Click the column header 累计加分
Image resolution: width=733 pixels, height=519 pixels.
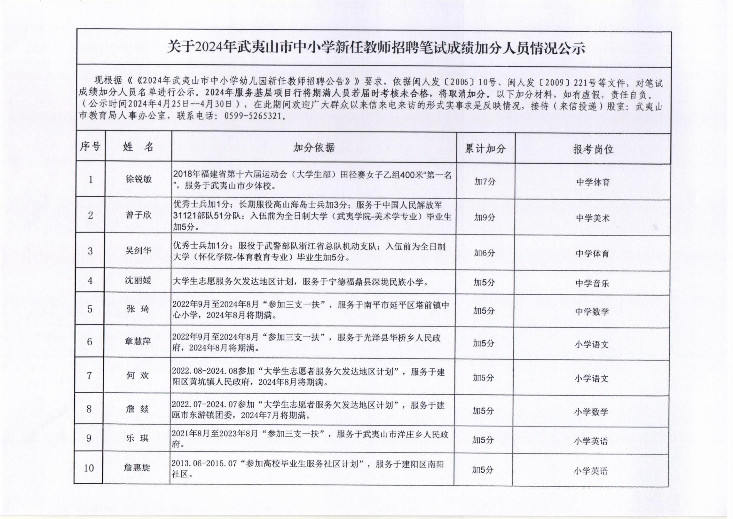click(485, 149)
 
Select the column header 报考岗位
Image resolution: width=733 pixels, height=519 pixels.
click(593, 150)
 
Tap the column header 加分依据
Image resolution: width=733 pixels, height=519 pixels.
click(314, 148)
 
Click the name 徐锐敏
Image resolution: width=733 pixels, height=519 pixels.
click(138, 179)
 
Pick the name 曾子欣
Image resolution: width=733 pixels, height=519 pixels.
click(138, 215)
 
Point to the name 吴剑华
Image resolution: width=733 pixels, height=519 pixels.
click(138, 251)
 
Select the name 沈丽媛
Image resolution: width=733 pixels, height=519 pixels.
click(138, 281)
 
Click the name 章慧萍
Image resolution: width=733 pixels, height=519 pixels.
click(137, 341)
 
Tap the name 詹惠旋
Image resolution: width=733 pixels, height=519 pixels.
click(136, 468)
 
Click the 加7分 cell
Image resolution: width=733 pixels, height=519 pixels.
click(485, 182)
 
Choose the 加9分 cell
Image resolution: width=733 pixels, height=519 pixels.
click(485, 217)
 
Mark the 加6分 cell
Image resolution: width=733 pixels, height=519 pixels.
click(484, 253)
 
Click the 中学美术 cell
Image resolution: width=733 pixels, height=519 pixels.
click(593, 218)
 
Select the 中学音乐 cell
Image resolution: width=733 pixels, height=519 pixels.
click(592, 283)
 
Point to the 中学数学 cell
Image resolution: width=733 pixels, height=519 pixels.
click(592, 312)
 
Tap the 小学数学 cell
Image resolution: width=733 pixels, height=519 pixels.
click(591, 412)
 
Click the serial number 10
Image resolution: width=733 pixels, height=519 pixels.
click(89, 468)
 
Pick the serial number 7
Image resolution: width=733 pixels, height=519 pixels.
click(89, 376)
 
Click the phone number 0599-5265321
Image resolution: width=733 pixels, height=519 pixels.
click(252, 116)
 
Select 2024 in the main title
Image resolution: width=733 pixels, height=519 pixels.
click(209, 48)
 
